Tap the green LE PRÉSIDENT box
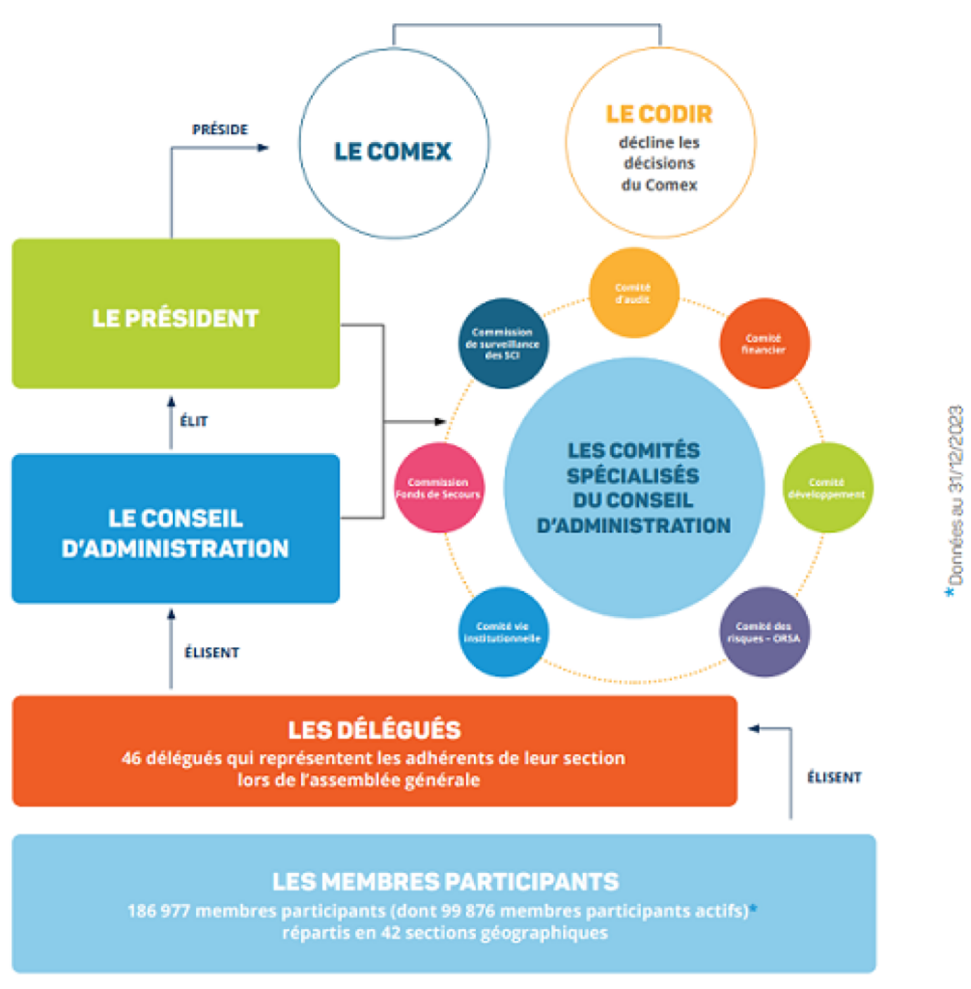(x=176, y=315)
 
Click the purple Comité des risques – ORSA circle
(x=766, y=633)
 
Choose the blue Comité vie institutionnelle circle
(x=502, y=632)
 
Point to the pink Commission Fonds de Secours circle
(x=438, y=488)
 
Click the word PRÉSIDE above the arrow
(x=220, y=128)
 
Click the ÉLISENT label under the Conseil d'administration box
(x=211, y=652)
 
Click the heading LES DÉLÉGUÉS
(x=375, y=729)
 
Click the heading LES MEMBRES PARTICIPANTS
(x=445, y=881)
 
